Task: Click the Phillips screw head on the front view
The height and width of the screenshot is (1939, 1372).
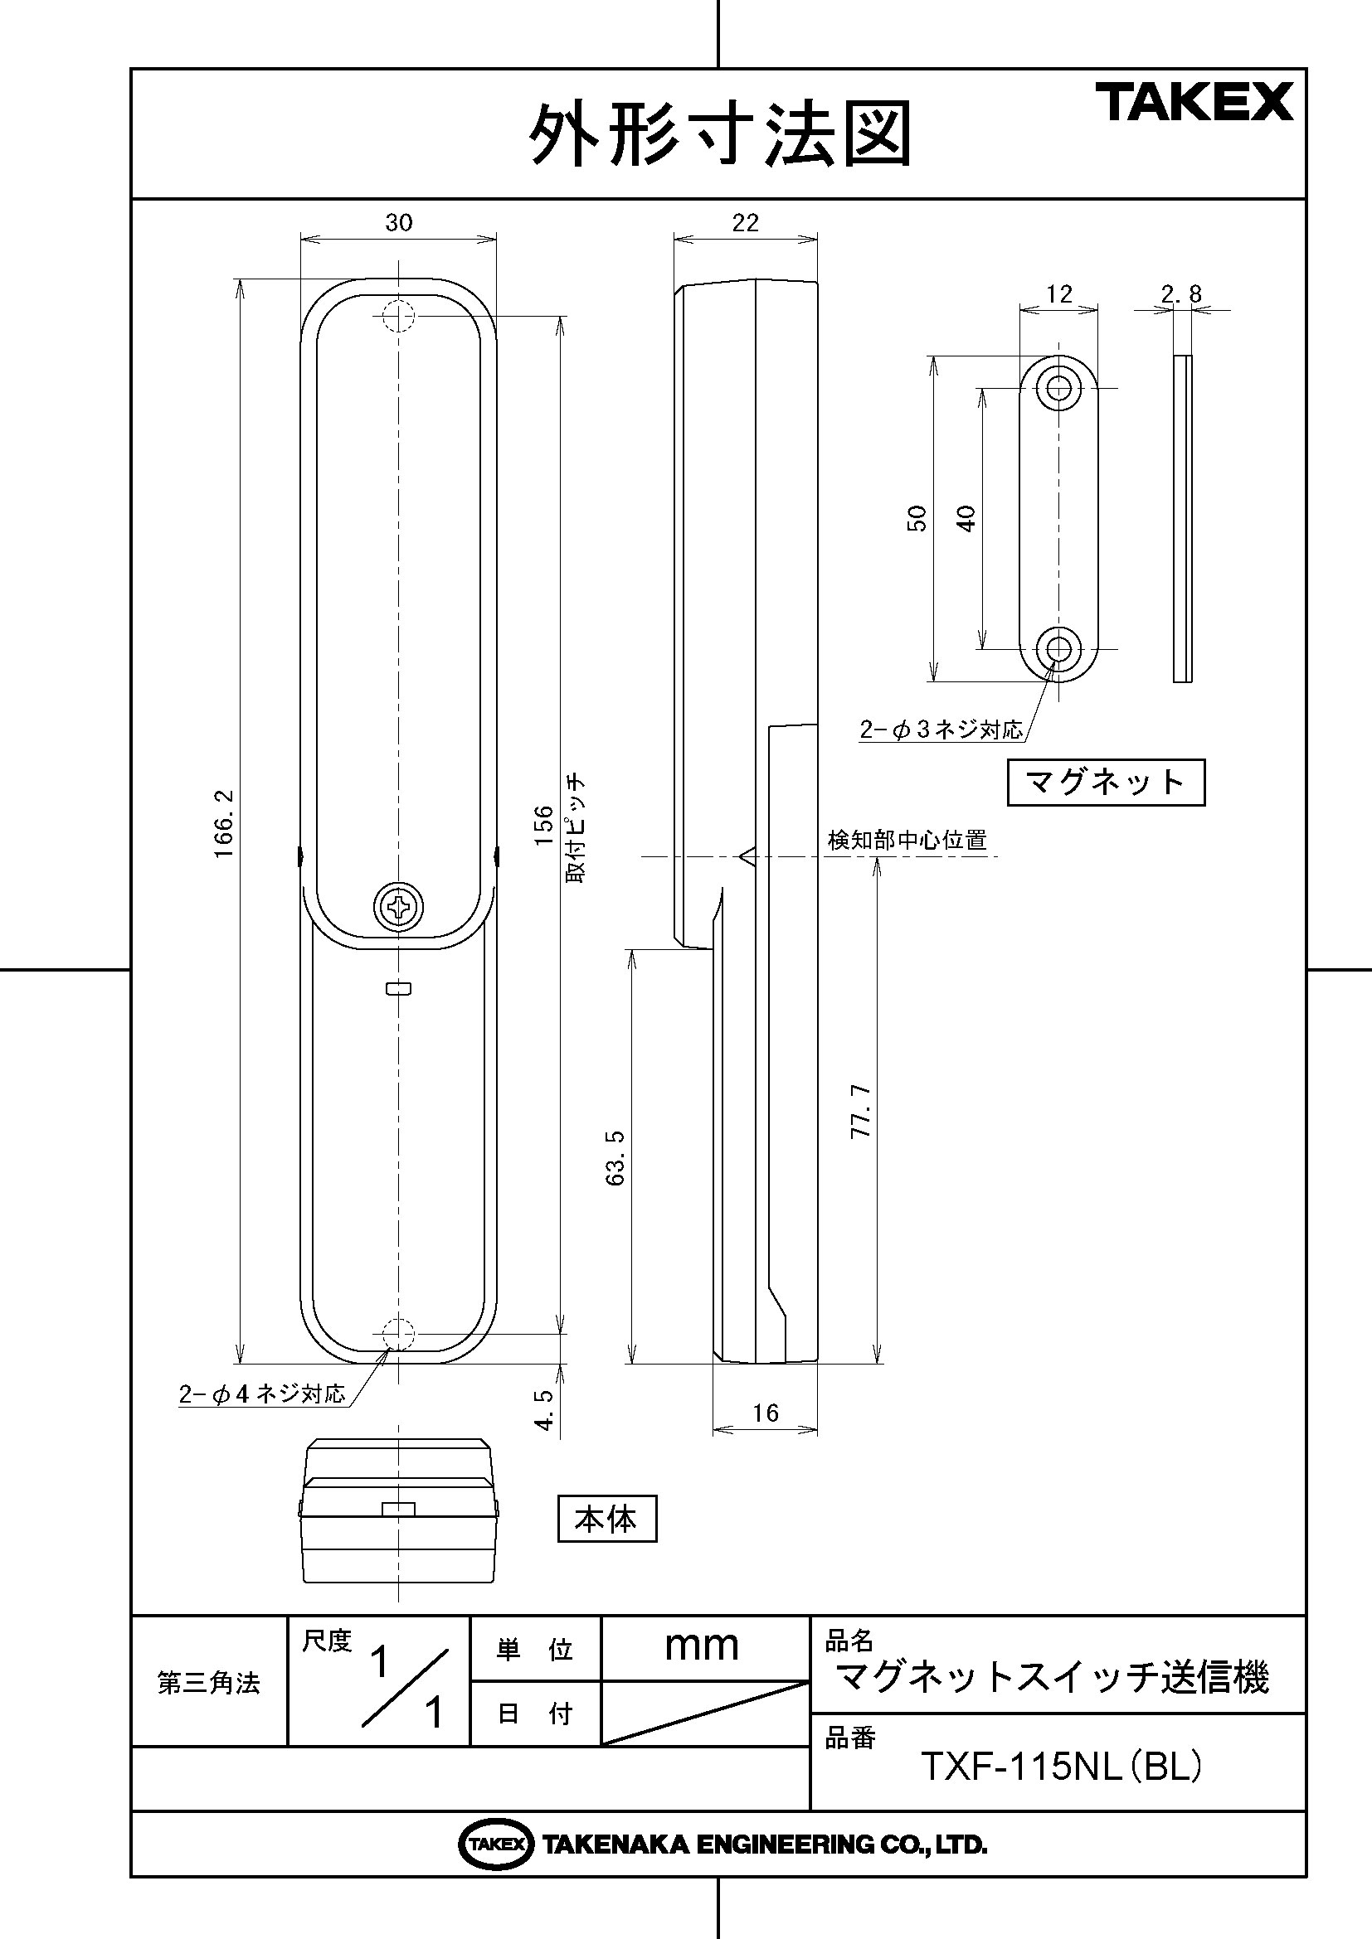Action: tap(399, 907)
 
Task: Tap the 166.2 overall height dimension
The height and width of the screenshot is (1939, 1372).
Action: tap(224, 823)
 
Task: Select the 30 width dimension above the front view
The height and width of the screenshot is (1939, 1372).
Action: tap(399, 222)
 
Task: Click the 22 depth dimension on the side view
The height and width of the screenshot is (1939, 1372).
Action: tap(745, 222)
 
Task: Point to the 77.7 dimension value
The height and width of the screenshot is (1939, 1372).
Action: tap(860, 1112)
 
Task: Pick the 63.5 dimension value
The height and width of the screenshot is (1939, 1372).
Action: tap(615, 1158)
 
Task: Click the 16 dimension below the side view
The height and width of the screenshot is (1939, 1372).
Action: tap(766, 1413)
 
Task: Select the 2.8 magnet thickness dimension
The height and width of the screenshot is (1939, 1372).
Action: tap(1181, 294)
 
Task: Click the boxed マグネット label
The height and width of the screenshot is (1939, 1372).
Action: tap(1106, 782)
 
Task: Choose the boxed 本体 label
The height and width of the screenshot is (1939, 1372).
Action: tap(606, 1520)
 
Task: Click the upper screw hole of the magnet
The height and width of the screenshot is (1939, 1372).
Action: tap(1059, 388)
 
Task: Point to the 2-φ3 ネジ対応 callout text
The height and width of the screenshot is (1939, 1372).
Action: tap(941, 730)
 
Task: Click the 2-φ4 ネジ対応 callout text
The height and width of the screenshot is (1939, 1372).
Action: tap(262, 1394)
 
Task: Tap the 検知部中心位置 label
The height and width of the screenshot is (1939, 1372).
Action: tap(907, 841)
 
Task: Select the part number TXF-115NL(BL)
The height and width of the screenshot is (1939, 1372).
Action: tap(1060, 1766)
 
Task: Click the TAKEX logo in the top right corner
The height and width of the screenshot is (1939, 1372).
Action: tap(1194, 101)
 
